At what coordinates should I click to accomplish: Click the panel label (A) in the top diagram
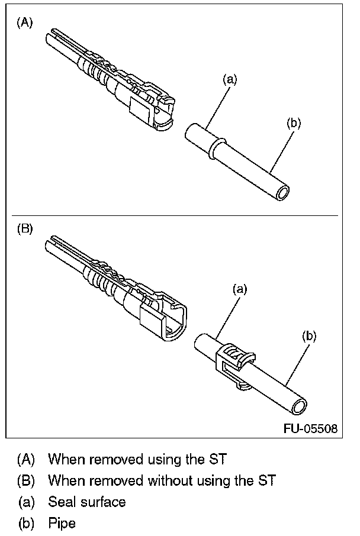point(25,22)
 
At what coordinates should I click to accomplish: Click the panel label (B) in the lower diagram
point(25,229)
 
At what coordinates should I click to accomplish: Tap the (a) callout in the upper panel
point(230,79)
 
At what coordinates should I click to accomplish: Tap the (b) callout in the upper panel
point(294,123)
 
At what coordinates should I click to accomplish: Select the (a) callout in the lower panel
point(239,289)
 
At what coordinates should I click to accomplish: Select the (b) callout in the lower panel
point(309,336)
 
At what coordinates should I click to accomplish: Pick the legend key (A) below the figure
point(27,458)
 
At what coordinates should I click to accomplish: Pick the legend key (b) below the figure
point(27,523)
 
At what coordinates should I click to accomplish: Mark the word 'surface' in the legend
point(104,502)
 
